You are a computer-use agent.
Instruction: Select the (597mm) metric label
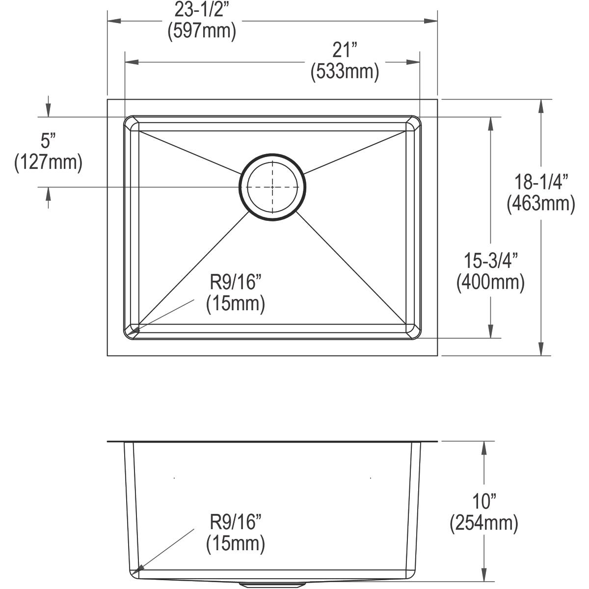tap(202, 31)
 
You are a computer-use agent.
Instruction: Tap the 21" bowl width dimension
tap(345, 51)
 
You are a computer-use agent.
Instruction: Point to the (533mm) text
tap(345, 72)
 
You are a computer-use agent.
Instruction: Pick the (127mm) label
tap(48, 162)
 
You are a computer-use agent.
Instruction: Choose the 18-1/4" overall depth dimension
tap(541, 182)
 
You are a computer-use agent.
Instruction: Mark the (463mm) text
tap(541, 203)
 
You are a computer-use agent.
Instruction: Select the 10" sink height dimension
tap(484, 502)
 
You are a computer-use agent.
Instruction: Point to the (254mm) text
tap(484, 523)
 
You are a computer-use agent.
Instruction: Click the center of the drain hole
tap(272, 187)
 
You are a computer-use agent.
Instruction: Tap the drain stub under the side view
tap(272, 585)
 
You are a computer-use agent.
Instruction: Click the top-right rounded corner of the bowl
tap(414, 123)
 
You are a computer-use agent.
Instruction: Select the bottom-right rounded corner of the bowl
tap(414, 331)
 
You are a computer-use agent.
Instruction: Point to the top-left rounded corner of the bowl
tap(131, 123)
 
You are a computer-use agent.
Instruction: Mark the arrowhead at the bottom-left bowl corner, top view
tap(135, 331)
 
